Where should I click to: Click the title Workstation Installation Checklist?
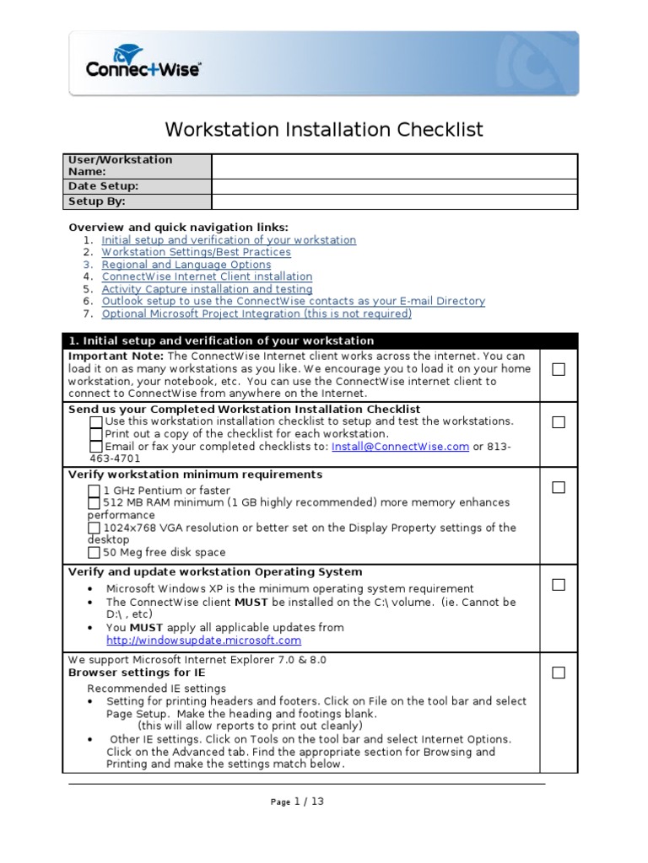(x=324, y=129)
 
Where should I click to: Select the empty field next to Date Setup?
(x=394, y=186)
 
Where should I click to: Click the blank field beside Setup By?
(x=394, y=201)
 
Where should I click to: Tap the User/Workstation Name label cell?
(x=138, y=166)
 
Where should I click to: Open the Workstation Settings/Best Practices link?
(x=196, y=252)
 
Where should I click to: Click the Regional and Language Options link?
(x=186, y=265)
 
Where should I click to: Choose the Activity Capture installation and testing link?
(x=207, y=289)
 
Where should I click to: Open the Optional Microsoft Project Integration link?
(x=256, y=314)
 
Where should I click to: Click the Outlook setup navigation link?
(x=293, y=301)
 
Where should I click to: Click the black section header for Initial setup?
(x=320, y=340)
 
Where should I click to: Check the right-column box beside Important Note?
(x=559, y=369)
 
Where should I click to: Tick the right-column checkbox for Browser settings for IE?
(x=559, y=673)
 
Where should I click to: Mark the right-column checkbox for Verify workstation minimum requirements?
(x=559, y=487)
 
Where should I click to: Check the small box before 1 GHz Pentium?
(x=94, y=490)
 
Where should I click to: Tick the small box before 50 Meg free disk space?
(x=94, y=553)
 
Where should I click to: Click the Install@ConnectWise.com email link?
(x=400, y=447)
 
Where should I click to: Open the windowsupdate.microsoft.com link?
(x=203, y=641)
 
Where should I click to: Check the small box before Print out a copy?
(x=96, y=434)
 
